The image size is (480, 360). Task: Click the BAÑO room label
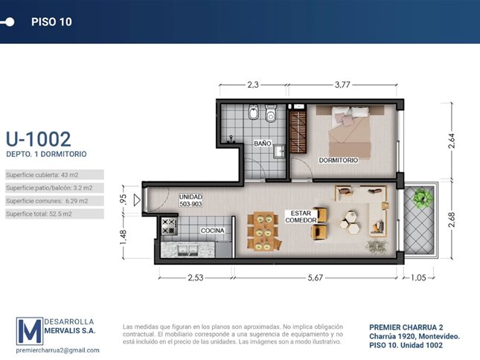pyautogui.click(x=263, y=143)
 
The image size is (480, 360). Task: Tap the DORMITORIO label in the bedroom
pyautogui.click(x=339, y=160)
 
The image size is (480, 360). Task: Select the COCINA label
pyautogui.click(x=212, y=231)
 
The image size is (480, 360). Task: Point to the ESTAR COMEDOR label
pyautogui.click(x=301, y=216)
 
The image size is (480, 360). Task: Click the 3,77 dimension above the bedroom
pyautogui.click(x=342, y=85)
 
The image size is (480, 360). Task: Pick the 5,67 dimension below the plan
pyautogui.click(x=316, y=277)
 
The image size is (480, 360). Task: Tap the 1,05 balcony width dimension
pyautogui.click(x=418, y=277)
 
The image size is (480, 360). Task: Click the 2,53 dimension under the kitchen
pyautogui.click(x=195, y=277)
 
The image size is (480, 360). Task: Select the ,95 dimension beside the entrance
pyautogui.click(x=123, y=200)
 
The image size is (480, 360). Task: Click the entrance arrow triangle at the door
pyautogui.click(x=137, y=200)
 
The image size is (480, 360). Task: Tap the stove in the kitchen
pyautogui.click(x=169, y=225)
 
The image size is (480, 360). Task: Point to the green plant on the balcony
pyautogui.click(x=423, y=198)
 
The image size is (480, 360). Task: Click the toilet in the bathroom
pyautogui.click(x=271, y=113)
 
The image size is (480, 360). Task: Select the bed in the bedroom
pyautogui.click(x=350, y=132)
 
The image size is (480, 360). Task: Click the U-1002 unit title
pyautogui.click(x=39, y=139)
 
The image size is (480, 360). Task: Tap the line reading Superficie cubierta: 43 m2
pyautogui.click(x=42, y=175)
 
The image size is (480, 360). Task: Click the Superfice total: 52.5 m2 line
pyautogui.click(x=39, y=213)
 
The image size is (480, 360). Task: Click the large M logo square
pyautogui.click(x=30, y=331)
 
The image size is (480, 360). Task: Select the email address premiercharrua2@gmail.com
pyautogui.click(x=57, y=350)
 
